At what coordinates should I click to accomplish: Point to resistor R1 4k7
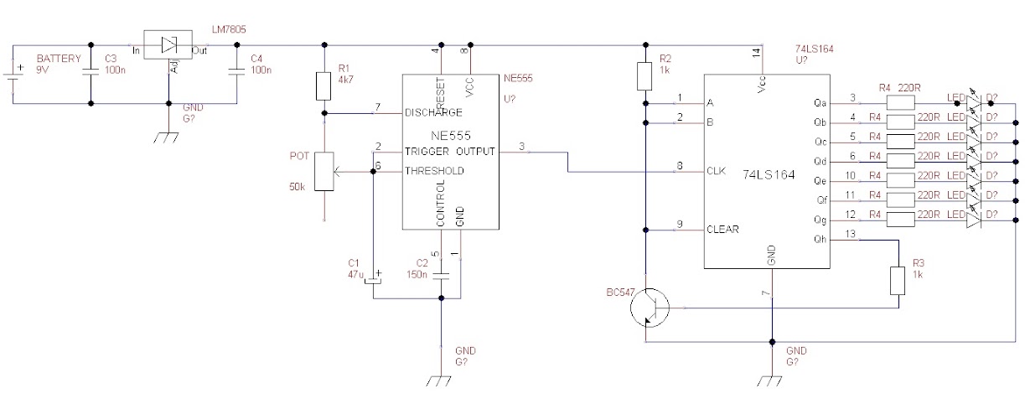(x=324, y=85)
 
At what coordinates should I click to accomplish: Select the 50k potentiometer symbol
(x=324, y=172)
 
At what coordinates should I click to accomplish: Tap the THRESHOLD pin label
(x=435, y=170)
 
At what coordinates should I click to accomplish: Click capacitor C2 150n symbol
(x=440, y=274)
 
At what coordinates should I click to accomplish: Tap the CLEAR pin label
(x=722, y=229)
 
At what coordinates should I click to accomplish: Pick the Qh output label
(x=820, y=240)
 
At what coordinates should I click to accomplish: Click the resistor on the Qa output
(x=900, y=102)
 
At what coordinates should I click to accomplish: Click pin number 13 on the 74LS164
(x=852, y=236)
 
